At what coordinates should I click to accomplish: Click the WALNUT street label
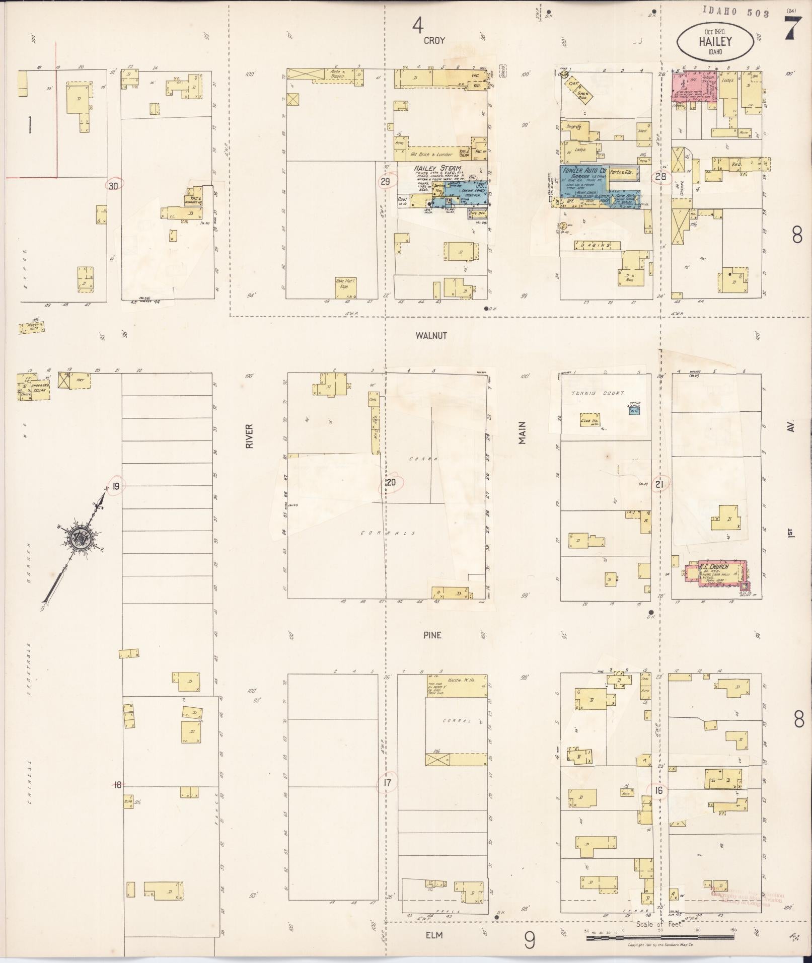tap(432, 335)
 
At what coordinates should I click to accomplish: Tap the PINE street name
tap(432, 635)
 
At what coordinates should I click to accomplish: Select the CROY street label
tap(434, 40)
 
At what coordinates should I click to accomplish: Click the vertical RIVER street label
tap(249, 435)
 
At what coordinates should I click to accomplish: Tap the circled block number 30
tap(114, 185)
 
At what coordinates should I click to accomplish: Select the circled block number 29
tap(385, 181)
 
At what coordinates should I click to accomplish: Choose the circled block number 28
tap(660, 176)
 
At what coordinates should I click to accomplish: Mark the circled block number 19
tap(116, 486)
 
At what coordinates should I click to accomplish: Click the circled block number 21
tap(660, 484)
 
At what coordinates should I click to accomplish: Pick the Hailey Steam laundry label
tap(437, 168)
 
